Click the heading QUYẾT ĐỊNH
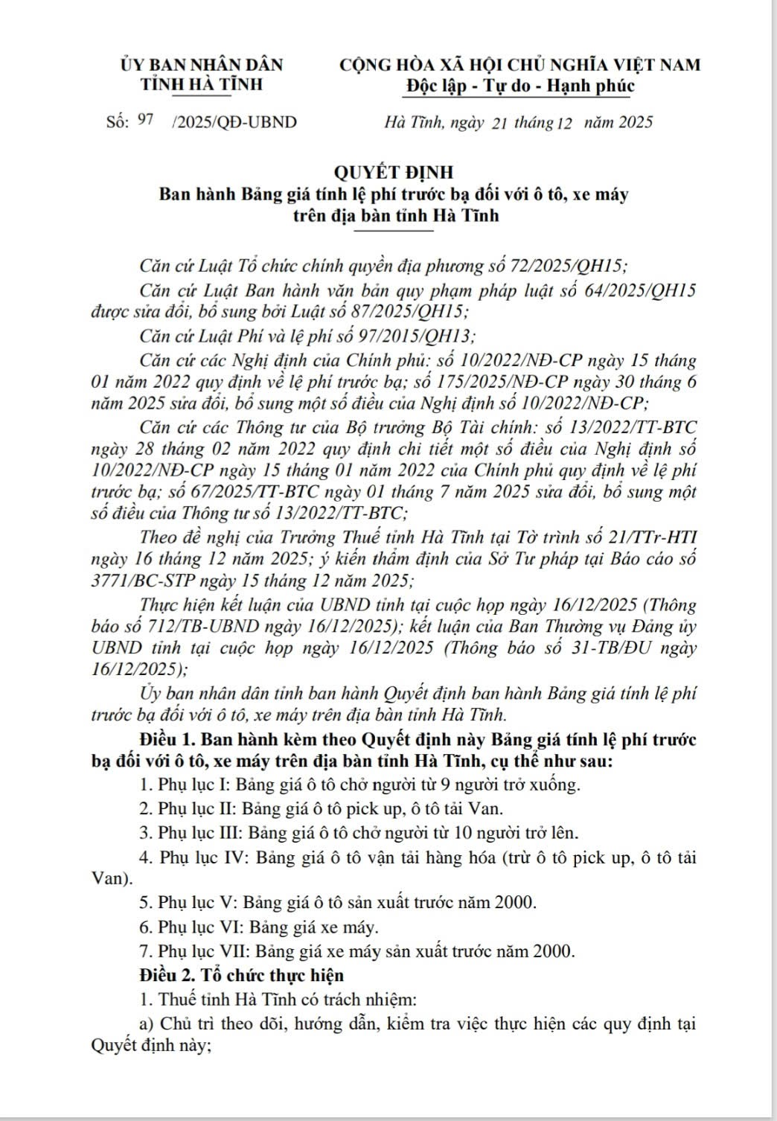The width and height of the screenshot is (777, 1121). point(394,172)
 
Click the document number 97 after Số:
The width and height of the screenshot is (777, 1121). point(145,121)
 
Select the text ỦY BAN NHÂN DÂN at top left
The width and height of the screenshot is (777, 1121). point(202,65)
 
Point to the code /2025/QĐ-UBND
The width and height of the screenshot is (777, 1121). point(234,122)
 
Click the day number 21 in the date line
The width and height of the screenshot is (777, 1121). point(499,123)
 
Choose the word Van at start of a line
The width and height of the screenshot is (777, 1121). point(106,878)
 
